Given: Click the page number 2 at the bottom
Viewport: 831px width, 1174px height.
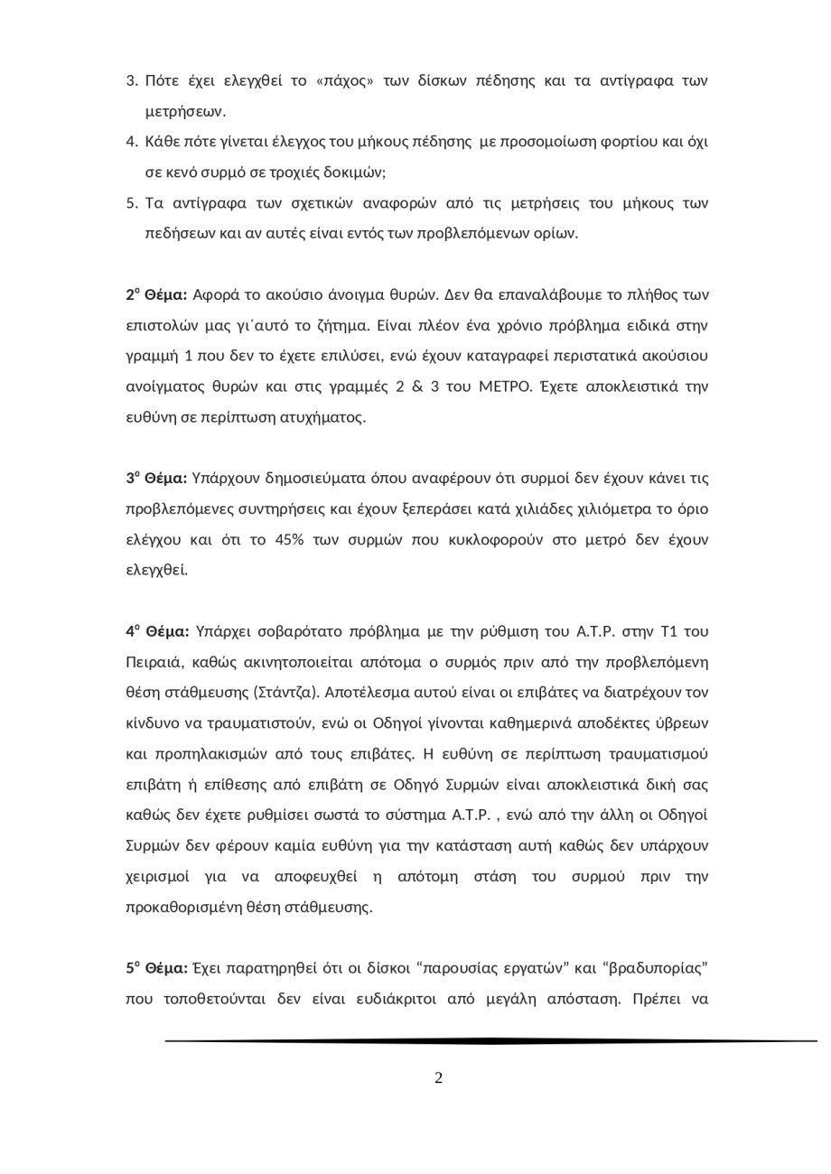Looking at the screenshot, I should click(438, 1077).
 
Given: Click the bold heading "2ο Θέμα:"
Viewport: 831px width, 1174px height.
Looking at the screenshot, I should click(156, 294).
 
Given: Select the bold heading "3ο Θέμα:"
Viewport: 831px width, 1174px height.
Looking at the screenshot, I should click(156, 478).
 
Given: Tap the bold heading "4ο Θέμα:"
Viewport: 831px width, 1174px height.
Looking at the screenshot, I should click(157, 631).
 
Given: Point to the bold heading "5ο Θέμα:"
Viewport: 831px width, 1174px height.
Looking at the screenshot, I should click(156, 968).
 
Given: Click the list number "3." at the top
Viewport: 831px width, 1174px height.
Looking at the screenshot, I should click(132, 81).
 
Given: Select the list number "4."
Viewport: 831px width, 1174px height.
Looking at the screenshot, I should click(132, 142).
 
